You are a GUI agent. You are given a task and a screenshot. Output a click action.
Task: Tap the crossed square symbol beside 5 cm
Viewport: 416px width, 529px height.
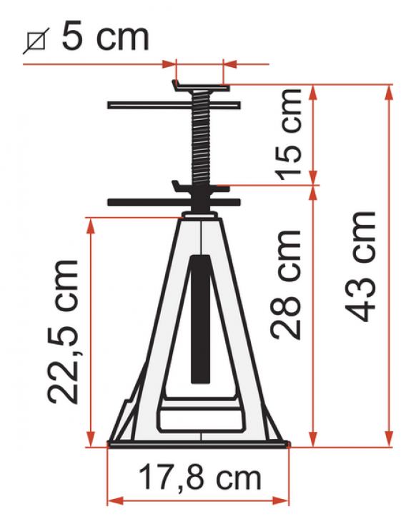[36, 41]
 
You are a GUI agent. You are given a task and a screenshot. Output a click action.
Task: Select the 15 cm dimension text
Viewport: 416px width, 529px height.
[288, 135]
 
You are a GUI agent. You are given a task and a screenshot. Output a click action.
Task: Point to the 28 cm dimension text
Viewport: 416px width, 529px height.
[286, 284]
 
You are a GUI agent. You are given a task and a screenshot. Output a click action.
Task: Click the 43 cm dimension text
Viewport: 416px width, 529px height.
[360, 266]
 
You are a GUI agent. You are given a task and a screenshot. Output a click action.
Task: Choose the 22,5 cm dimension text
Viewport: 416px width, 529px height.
[63, 332]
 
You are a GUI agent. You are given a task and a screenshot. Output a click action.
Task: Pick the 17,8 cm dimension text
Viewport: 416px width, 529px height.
[200, 478]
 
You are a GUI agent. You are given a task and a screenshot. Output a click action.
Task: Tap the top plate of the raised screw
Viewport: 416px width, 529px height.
[201, 86]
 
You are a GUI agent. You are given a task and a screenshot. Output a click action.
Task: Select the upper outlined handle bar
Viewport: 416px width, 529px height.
[174, 105]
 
